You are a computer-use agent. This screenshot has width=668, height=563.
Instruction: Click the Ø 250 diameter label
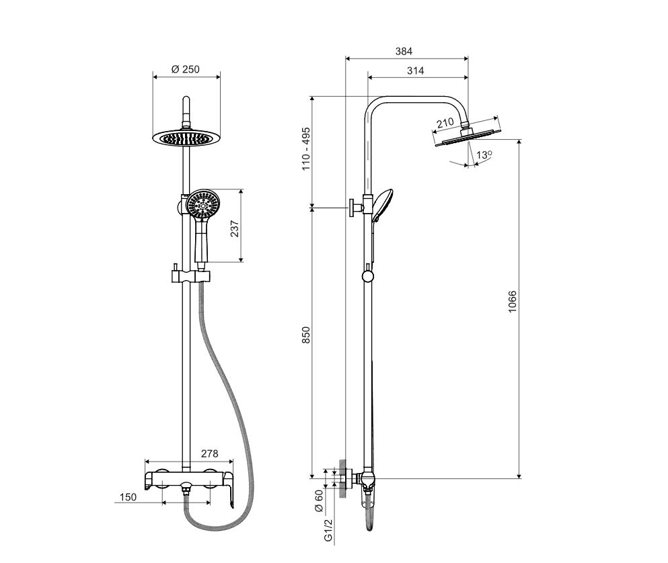(185, 69)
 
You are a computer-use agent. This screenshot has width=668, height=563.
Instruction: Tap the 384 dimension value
(404, 52)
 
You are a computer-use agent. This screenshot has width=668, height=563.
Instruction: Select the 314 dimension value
(415, 71)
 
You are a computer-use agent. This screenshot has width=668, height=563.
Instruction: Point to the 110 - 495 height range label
(306, 148)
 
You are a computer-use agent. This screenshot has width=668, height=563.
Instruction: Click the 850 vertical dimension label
(306, 335)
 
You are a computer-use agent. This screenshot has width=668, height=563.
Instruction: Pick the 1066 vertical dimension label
(512, 302)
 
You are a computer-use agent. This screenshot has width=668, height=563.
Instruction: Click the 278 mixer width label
(210, 453)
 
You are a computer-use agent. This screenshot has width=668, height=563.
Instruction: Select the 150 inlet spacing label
(128, 497)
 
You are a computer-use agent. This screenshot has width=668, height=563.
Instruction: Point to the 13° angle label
(484, 155)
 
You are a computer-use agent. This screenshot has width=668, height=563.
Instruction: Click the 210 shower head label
(445, 124)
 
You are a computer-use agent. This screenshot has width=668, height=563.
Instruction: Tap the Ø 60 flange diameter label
(319, 501)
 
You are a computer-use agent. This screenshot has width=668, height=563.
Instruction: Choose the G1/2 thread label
(328, 529)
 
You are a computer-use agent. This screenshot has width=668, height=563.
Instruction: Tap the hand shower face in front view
(202, 204)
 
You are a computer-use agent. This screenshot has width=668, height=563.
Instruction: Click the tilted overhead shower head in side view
(468, 135)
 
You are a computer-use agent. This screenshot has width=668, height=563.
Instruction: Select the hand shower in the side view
(381, 206)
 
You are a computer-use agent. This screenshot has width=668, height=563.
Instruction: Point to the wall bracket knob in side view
(352, 208)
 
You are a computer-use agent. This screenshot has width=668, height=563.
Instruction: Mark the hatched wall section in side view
(342, 479)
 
